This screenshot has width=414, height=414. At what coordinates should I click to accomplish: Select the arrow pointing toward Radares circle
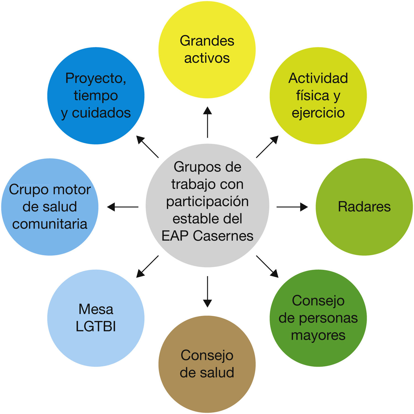pos(292,207)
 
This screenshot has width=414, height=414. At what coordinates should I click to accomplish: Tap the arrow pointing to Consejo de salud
pos(207,291)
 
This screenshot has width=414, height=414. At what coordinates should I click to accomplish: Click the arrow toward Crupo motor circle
pos(123,207)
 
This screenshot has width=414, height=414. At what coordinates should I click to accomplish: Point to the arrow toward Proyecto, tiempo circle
pos(147,147)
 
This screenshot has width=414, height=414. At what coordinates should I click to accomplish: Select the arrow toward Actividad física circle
pos(267,147)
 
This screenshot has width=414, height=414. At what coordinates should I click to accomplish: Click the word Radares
pos(364,207)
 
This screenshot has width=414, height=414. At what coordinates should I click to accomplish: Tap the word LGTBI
pos(96,327)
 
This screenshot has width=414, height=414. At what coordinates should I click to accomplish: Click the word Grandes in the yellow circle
pos(207,41)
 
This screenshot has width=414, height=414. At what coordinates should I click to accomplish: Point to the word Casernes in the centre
pos(223,236)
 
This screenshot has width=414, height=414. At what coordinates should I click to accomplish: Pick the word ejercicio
pos(318,113)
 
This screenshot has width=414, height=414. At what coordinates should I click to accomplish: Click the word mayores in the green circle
pos(318,336)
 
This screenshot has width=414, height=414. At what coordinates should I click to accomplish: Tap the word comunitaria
pos(50,224)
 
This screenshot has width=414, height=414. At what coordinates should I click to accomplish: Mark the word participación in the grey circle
pos(207,202)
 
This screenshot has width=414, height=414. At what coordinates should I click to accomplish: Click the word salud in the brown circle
pos(217,373)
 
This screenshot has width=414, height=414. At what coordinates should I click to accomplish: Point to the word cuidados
pos(101,113)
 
